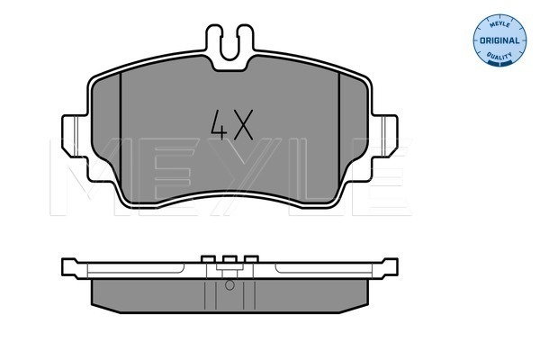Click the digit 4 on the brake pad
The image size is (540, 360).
click(219, 125)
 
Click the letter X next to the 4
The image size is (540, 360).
click(243, 125)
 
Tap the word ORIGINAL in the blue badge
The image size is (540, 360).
click(499, 40)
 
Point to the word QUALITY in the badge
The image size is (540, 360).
click(499, 56)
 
